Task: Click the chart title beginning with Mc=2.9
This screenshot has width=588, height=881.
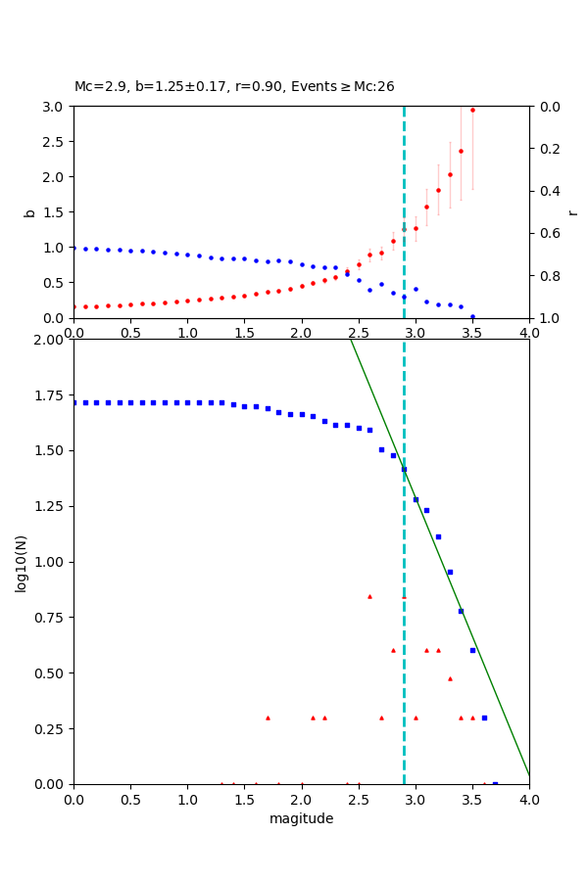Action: click(x=234, y=87)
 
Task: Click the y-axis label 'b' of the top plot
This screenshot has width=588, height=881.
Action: click(x=29, y=212)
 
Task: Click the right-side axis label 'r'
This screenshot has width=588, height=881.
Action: click(x=573, y=212)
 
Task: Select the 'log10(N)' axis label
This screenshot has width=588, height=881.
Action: click(x=21, y=562)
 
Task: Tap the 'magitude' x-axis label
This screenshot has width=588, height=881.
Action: click(x=301, y=819)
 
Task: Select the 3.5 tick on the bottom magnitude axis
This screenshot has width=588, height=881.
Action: click(x=472, y=799)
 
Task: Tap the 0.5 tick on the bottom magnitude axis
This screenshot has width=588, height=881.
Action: click(x=130, y=799)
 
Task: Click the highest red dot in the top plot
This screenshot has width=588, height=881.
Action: click(x=472, y=110)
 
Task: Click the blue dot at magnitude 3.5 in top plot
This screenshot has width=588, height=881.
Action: click(x=472, y=316)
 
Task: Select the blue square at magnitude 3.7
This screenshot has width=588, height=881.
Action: click(x=495, y=784)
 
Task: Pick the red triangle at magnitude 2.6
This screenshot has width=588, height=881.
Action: click(x=369, y=596)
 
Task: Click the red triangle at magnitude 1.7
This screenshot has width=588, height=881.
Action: click(x=268, y=718)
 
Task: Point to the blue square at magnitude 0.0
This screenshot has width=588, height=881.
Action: click(x=73, y=402)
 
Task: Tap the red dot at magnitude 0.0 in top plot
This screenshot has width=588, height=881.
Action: click(x=73, y=306)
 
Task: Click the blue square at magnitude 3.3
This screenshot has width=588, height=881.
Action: click(x=450, y=572)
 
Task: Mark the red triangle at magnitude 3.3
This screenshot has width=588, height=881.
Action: click(x=450, y=678)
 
